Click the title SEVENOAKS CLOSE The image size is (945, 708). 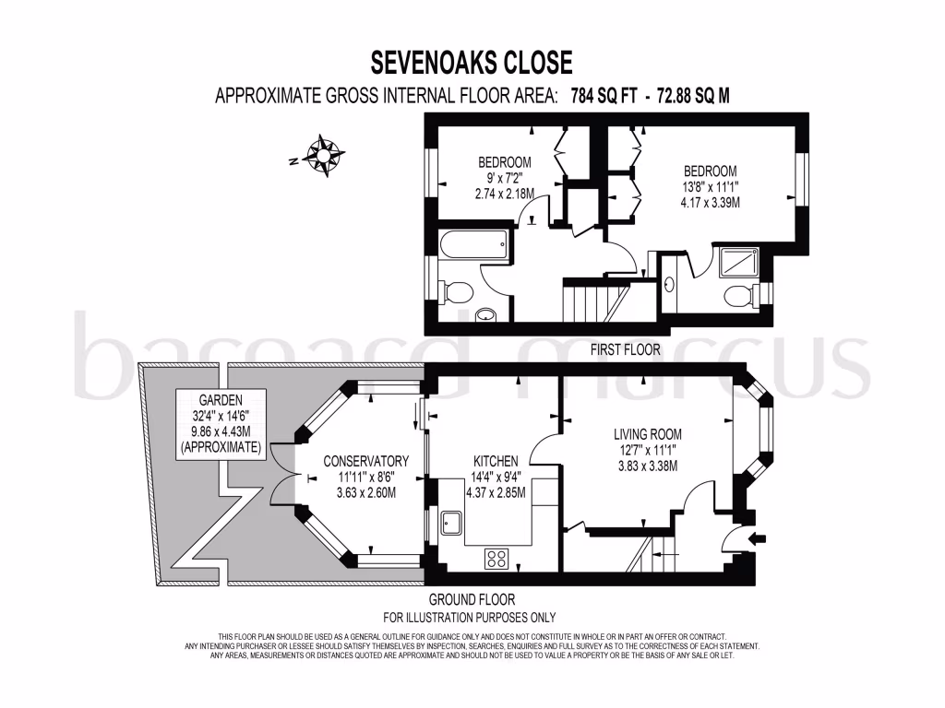tap(472, 63)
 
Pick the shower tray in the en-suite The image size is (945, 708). tap(737, 264)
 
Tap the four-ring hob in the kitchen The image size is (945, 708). tap(496, 558)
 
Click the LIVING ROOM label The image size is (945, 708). tap(647, 434)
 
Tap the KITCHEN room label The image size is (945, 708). tap(496, 461)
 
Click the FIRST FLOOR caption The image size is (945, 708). tap(625, 349)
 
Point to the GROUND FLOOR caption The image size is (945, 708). tap(472, 600)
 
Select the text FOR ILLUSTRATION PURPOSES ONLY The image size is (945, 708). tap(469, 618)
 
